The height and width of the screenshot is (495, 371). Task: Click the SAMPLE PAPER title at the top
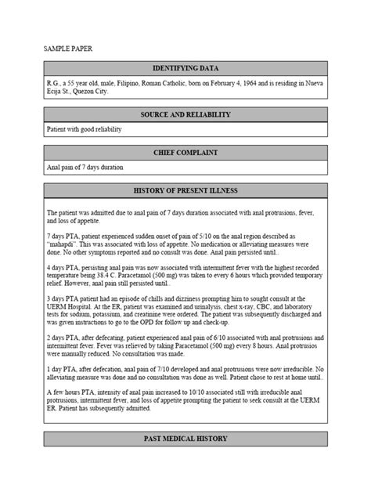pyautogui.click(x=67, y=49)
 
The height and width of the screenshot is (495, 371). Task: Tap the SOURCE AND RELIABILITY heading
pyautogui.click(x=185, y=115)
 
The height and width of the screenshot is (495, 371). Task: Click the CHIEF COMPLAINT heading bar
pyautogui.click(x=185, y=153)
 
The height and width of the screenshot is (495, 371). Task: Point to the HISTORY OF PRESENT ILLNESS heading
pyautogui.click(x=185, y=190)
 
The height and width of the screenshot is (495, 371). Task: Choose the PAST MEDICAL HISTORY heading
pyautogui.click(x=185, y=439)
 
